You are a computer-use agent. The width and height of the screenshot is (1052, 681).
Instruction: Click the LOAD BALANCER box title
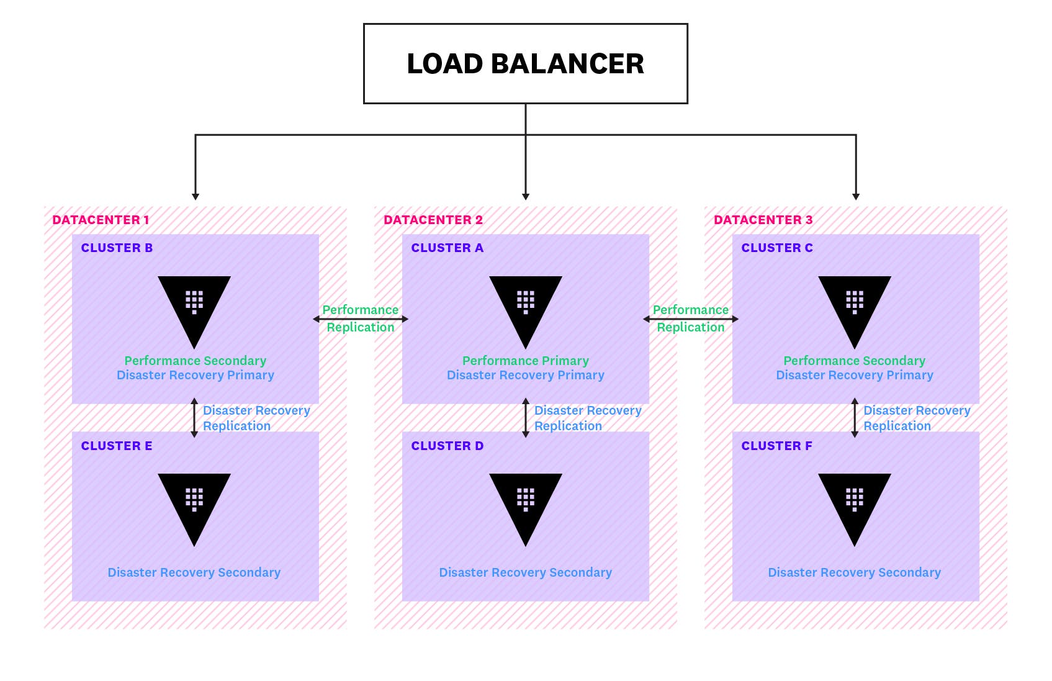coord(525,64)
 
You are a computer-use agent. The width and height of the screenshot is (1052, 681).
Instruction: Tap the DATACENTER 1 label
coord(101,220)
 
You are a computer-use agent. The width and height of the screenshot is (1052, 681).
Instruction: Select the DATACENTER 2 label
coord(433,220)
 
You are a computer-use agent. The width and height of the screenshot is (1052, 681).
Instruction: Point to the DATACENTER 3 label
coord(763,220)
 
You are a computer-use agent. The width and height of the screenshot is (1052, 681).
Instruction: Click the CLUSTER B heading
coord(117,248)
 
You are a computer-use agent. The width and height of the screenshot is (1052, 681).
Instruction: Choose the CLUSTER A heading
coord(447,248)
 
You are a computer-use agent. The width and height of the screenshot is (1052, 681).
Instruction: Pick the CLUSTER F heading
coord(776,446)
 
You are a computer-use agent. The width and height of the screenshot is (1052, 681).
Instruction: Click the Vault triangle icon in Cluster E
coord(194,503)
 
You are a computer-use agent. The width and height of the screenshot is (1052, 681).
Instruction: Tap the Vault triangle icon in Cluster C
coord(855,305)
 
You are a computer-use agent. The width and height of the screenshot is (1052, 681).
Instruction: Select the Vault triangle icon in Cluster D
coord(526,503)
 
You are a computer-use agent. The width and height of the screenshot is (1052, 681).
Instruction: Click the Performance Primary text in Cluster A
coord(525,361)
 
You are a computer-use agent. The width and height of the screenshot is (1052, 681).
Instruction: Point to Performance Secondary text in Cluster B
coord(195,361)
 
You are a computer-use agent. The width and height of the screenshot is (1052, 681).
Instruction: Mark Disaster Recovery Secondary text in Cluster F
coord(854,572)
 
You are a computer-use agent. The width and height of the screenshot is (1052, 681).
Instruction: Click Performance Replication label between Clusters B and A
coord(360,318)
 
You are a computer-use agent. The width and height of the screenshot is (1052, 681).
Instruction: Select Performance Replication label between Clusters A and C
coord(690,318)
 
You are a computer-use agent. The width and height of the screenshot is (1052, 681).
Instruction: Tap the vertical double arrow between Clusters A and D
coord(526,418)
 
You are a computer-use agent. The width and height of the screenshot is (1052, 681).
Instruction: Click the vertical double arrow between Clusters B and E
coord(194,418)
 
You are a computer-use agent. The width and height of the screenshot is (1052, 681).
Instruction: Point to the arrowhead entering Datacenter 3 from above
coord(856,196)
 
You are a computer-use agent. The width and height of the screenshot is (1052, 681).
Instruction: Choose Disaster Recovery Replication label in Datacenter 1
coord(256,418)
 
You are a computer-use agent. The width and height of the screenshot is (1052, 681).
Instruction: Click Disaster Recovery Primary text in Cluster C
coord(854,375)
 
